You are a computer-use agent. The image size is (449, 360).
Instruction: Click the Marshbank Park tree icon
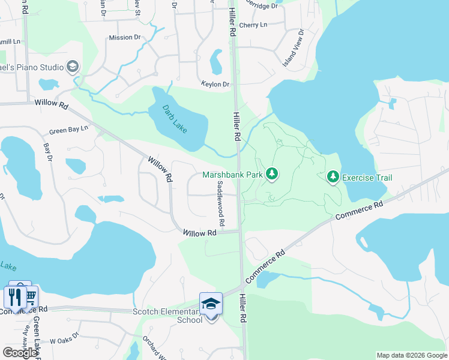(x=273, y=174)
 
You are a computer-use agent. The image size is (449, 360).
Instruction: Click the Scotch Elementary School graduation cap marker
(x=211, y=304)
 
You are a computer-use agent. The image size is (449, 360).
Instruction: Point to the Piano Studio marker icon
(x=73, y=67)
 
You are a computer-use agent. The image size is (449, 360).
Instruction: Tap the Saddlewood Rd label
(x=221, y=205)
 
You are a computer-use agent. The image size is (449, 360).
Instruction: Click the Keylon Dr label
(x=215, y=85)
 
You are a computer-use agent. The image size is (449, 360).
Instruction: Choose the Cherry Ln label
(x=253, y=25)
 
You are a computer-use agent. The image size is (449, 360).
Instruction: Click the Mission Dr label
(x=124, y=38)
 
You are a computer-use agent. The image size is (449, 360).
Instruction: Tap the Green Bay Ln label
(x=68, y=130)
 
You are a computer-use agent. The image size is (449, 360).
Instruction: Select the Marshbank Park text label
(x=232, y=175)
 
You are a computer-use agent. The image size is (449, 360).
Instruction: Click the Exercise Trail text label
(x=367, y=178)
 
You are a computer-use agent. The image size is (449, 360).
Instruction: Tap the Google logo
(x=20, y=352)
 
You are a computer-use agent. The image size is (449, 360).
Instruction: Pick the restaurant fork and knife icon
(x=15, y=296)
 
